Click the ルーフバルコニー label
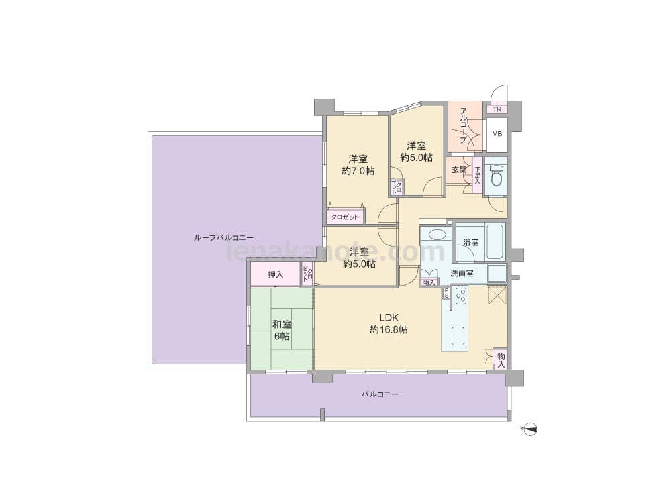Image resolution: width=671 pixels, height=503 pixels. pyautogui.click(x=223, y=238)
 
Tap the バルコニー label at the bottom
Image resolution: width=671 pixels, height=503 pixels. pyautogui.click(x=380, y=394)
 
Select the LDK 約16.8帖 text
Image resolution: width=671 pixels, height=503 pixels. pyautogui.click(x=389, y=323)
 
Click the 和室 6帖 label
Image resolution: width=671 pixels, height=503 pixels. pyautogui.click(x=282, y=330)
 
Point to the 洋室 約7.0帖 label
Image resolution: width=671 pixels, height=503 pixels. pyautogui.click(x=358, y=165)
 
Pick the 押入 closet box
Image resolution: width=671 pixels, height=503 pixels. pyautogui.click(x=275, y=274)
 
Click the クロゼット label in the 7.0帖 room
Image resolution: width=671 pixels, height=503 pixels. pyautogui.click(x=345, y=217)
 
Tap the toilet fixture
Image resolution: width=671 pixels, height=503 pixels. pyautogui.click(x=497, y=175)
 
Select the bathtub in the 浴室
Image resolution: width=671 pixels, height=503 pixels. pyautogui.click(x=495, y=241)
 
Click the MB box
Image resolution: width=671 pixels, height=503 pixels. pyautogui.click(x=497, y=134)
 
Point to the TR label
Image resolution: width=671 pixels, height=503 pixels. pyautogui.click(x=497, y=109)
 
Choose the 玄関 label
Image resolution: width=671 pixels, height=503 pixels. pyautogui.click(x=459, y=170)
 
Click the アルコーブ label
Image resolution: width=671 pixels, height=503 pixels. pyautogui.click(x=462, y=125)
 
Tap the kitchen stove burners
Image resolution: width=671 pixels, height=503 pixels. pyautogui.click(x=461, y=296)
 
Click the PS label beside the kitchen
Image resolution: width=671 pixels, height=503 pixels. pyautogui.click(x=446, y=292)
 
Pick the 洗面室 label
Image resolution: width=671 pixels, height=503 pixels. pyautogui.click(x=462, y=274)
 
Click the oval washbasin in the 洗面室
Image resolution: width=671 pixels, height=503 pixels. pyautogui.click(x=437, y=235)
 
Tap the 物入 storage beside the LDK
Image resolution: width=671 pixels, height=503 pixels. pyautogui.click(x=501, y=359)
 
